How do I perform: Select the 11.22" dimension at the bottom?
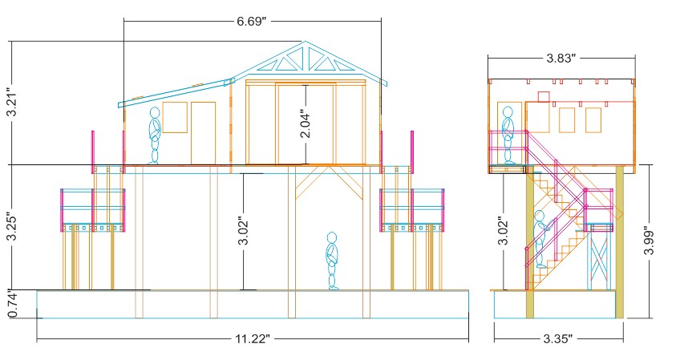pos(253,338)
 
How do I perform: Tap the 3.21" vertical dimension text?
pos(12,103)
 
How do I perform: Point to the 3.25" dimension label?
pos(12,226)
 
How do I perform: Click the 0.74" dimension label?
pos(12,305)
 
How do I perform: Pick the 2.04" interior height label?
pos(306,125)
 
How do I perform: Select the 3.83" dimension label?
pos(561,58)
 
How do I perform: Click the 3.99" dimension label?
pos(649,241)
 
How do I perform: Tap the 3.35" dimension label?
pos(557,338)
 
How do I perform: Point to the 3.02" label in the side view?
pos(502,231)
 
